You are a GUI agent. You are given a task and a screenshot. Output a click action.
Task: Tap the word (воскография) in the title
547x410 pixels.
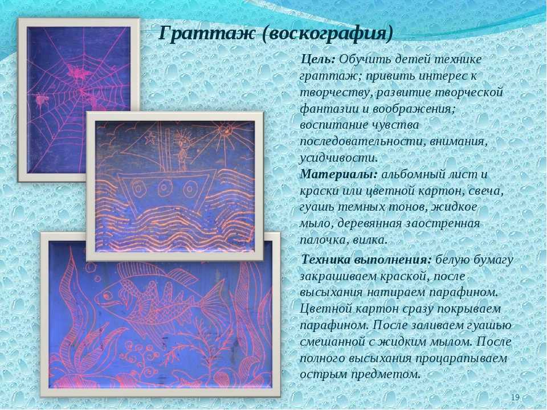coord(328,34)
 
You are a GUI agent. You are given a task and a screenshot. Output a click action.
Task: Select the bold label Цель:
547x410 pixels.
coord(318,60)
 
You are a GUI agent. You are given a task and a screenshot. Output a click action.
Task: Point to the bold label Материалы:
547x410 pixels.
coord(338,174)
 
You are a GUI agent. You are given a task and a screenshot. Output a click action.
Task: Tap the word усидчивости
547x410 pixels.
coord(338,158)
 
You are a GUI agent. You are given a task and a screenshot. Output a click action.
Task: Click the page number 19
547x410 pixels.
coord(515,397)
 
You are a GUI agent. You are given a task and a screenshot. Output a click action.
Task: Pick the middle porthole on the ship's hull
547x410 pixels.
coord(164,188)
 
